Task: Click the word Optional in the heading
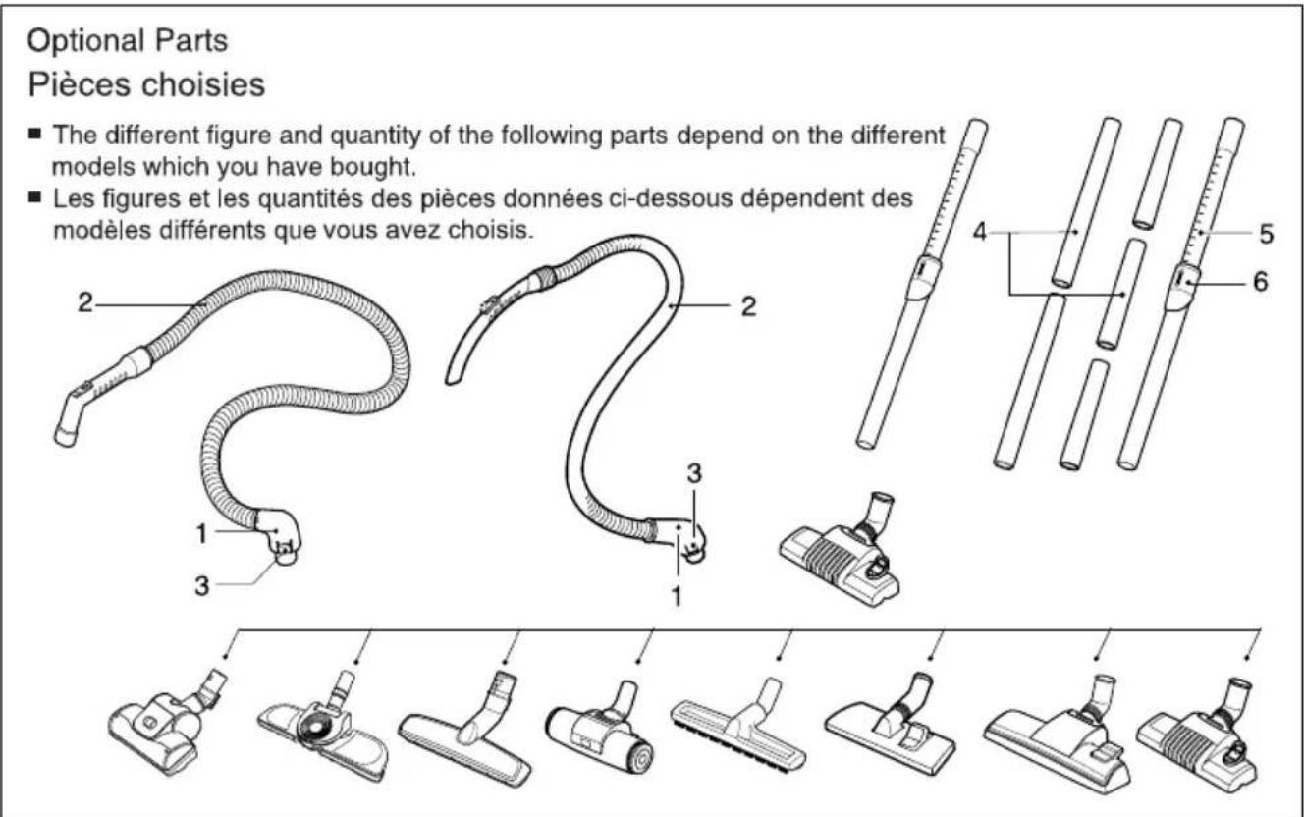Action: point(85,41)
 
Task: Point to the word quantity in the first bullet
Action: point(376,136)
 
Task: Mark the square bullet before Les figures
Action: point(35,197)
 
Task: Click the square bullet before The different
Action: point(35,134)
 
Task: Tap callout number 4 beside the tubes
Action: point(980,233)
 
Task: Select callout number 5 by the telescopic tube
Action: point(1266,234)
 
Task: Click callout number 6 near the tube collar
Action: point(1261,282)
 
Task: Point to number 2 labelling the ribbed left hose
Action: point(85,302)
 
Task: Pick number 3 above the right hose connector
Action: point(694,474)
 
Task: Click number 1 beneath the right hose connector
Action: point(677,596)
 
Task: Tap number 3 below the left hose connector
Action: point(201,586)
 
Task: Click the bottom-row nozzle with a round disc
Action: point(323,725)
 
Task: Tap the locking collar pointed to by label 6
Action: point(1182,287)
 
